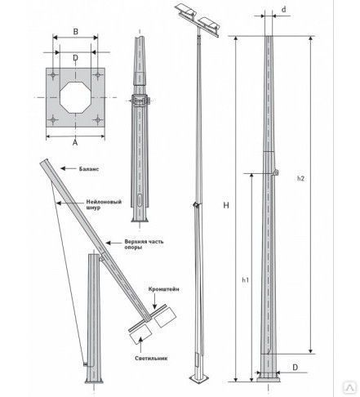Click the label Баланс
click(x=89, y=169)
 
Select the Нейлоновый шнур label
click(x=104, y=204)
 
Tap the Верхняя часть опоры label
click(x=144, y=244)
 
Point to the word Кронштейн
click(x=164, y=289)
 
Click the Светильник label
click(x=151, y=358)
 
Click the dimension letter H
click(x=226, y=205)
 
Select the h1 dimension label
click(x=246, y=279)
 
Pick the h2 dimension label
click(x=300, y=178)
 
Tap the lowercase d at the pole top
click(x=284, y=10)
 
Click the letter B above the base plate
click(x=76, y=32)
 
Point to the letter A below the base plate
click(x=75, y=142)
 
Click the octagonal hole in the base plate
click(x=75, y=97)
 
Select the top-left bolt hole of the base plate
click(x=53, y=75)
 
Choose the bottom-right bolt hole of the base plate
click(x=97, y=119)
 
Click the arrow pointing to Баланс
click(x=69, y=168)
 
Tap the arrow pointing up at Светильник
click(x=140, y=344)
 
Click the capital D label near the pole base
click(x=295, y=368)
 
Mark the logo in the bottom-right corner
click(x=349, y=387)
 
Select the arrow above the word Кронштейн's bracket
click(x=154, y=301)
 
